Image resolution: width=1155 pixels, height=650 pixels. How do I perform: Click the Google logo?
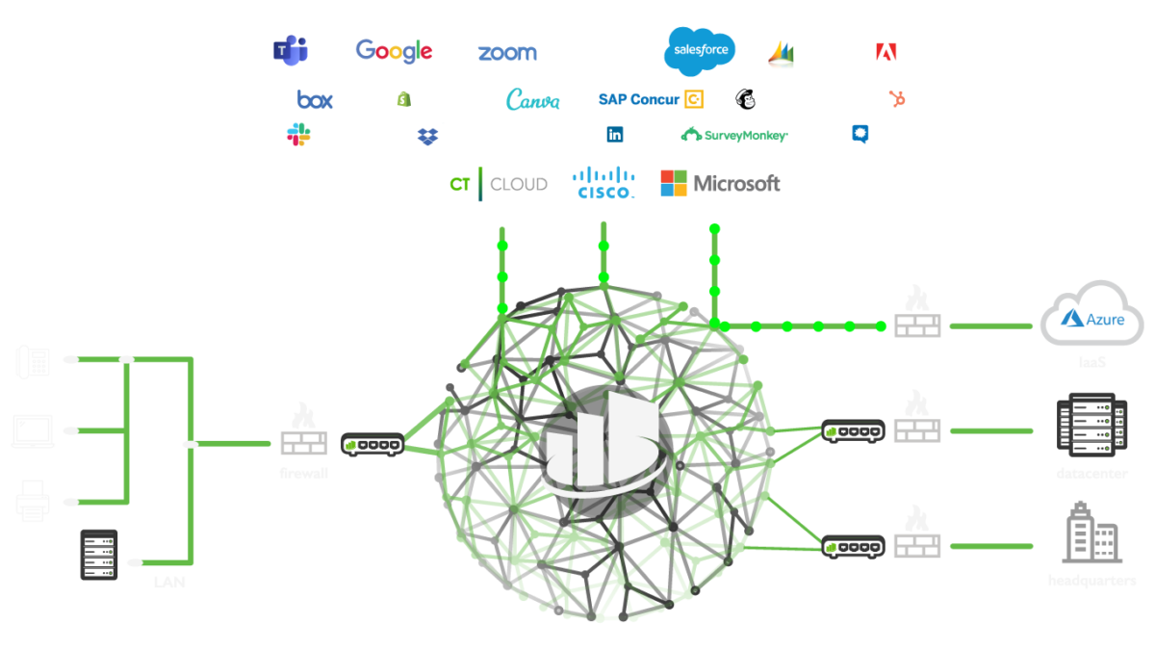click(394, 51)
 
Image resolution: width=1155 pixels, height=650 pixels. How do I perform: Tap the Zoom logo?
click(506, 53)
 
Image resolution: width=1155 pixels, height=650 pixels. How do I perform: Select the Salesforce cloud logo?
click(700, 51)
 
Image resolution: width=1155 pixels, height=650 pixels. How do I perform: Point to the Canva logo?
click(532, 99)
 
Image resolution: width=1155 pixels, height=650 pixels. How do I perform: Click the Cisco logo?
click(603, 182)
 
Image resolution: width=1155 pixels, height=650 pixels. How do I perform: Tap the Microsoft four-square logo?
click(674, 183)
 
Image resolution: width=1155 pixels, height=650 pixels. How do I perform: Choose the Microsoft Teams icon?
click(289, 50)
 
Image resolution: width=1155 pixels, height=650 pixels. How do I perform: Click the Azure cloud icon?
click(1091, 315)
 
